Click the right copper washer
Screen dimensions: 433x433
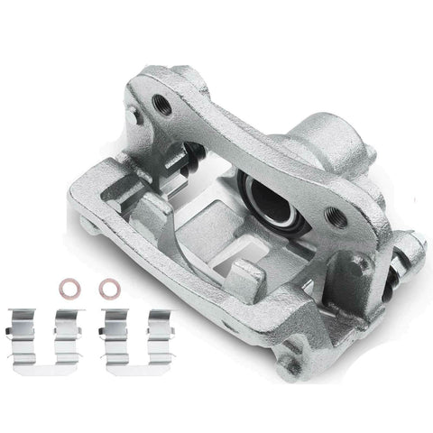pyautogui.click(x=108, y=289)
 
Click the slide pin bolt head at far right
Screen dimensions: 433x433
pyautogui.click(x=415, y=244)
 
